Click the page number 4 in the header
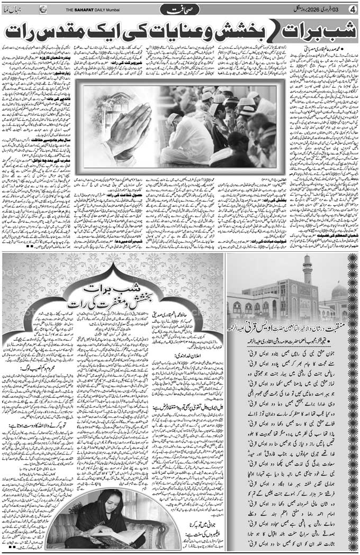pyautogui.click(x=352, y=9)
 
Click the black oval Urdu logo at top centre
pyautogui.click(x=181, y=9)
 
